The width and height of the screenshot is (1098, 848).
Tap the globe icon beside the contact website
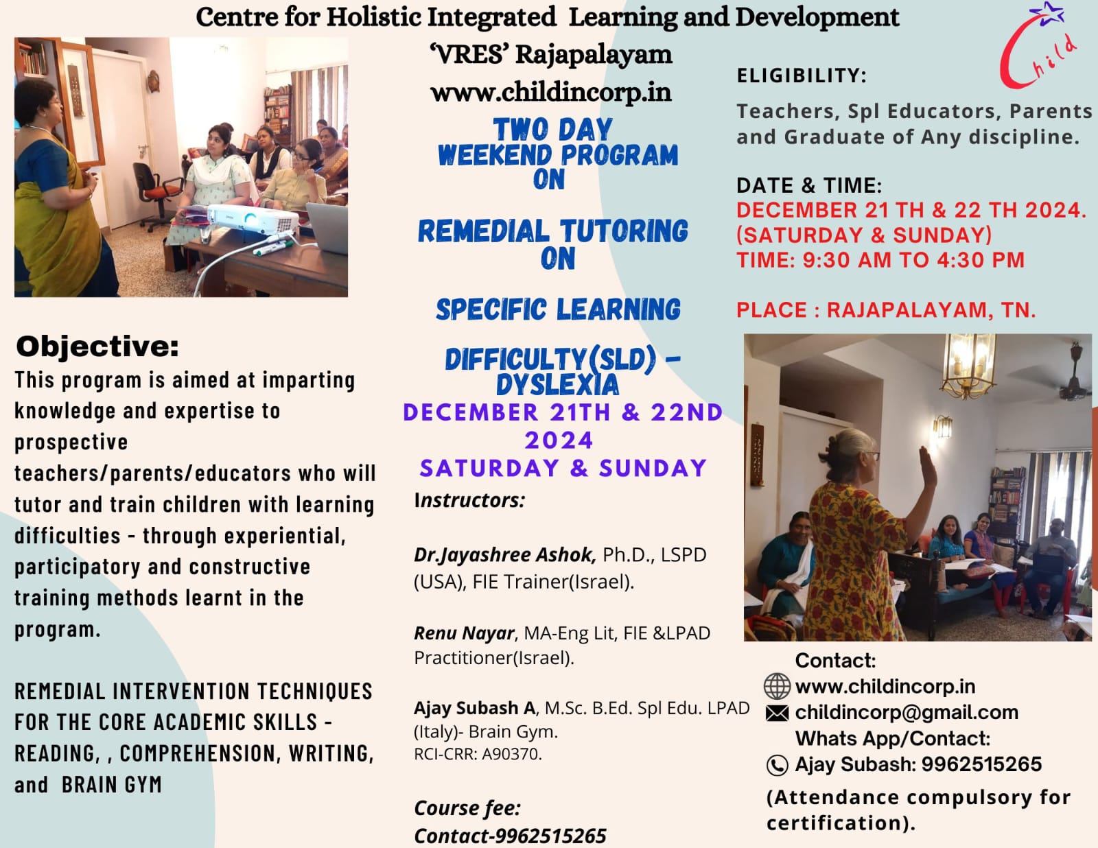pyautogui.click(x=777, y=687)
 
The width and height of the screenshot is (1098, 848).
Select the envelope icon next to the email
pyautogui.click(x=777, y=713)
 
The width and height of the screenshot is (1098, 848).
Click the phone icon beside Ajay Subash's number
pyautogui.click(x=777, y=765)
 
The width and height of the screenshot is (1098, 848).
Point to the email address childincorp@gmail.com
pyautogui.click(x=907, y=713)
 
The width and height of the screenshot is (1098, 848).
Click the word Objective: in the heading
pyautogui.click(x=97, y=346)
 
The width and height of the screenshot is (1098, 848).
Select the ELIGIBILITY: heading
pyautogui.click(x=802, y=75)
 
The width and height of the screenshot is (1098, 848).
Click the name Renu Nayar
pyautogui.click(x=464, y=633)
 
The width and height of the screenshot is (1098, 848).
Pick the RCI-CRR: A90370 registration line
pyautogui.click(x=478, y=754)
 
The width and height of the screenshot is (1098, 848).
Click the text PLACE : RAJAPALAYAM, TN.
pyautogui.click(x=886, y=310)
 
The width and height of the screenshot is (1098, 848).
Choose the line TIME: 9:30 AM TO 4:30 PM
pyautogui.click(x=880, y=260)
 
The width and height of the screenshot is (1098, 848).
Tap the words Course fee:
pyautogui.click(x=467, y=808)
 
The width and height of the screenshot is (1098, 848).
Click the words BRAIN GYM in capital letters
pyautogui.click(x=112, y=785)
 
